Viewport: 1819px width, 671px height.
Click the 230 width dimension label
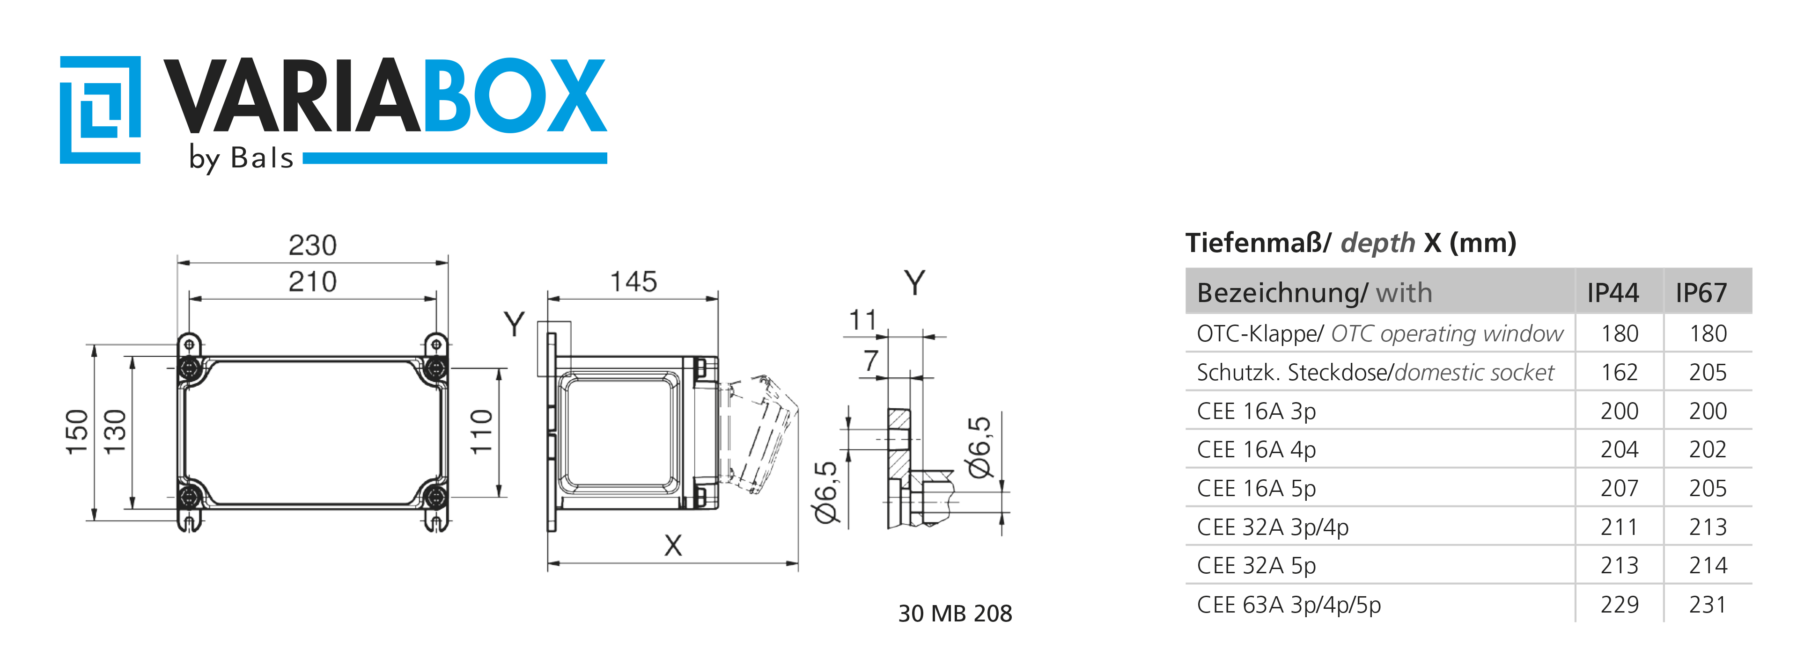point(312,245)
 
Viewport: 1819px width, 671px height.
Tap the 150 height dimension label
point(77,432)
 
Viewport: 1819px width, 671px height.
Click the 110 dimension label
point(482,432)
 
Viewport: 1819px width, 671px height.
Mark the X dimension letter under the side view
point(673,545)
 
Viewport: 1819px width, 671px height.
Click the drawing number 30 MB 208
point(955,613)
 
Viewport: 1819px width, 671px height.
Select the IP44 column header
point(1613,293)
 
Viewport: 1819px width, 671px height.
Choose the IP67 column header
point(1701,293)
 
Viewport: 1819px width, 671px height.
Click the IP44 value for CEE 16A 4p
point(1619,449)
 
